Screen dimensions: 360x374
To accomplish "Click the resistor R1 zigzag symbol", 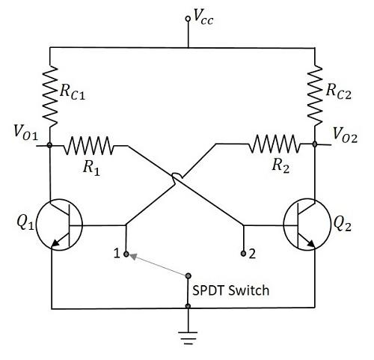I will click(x=90, y=145).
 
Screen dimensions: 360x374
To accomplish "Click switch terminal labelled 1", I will click(x=126, y=253).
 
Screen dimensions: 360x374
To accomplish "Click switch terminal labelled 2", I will click(x=243, y=254).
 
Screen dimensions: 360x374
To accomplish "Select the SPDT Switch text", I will click(x=231, y=289).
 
